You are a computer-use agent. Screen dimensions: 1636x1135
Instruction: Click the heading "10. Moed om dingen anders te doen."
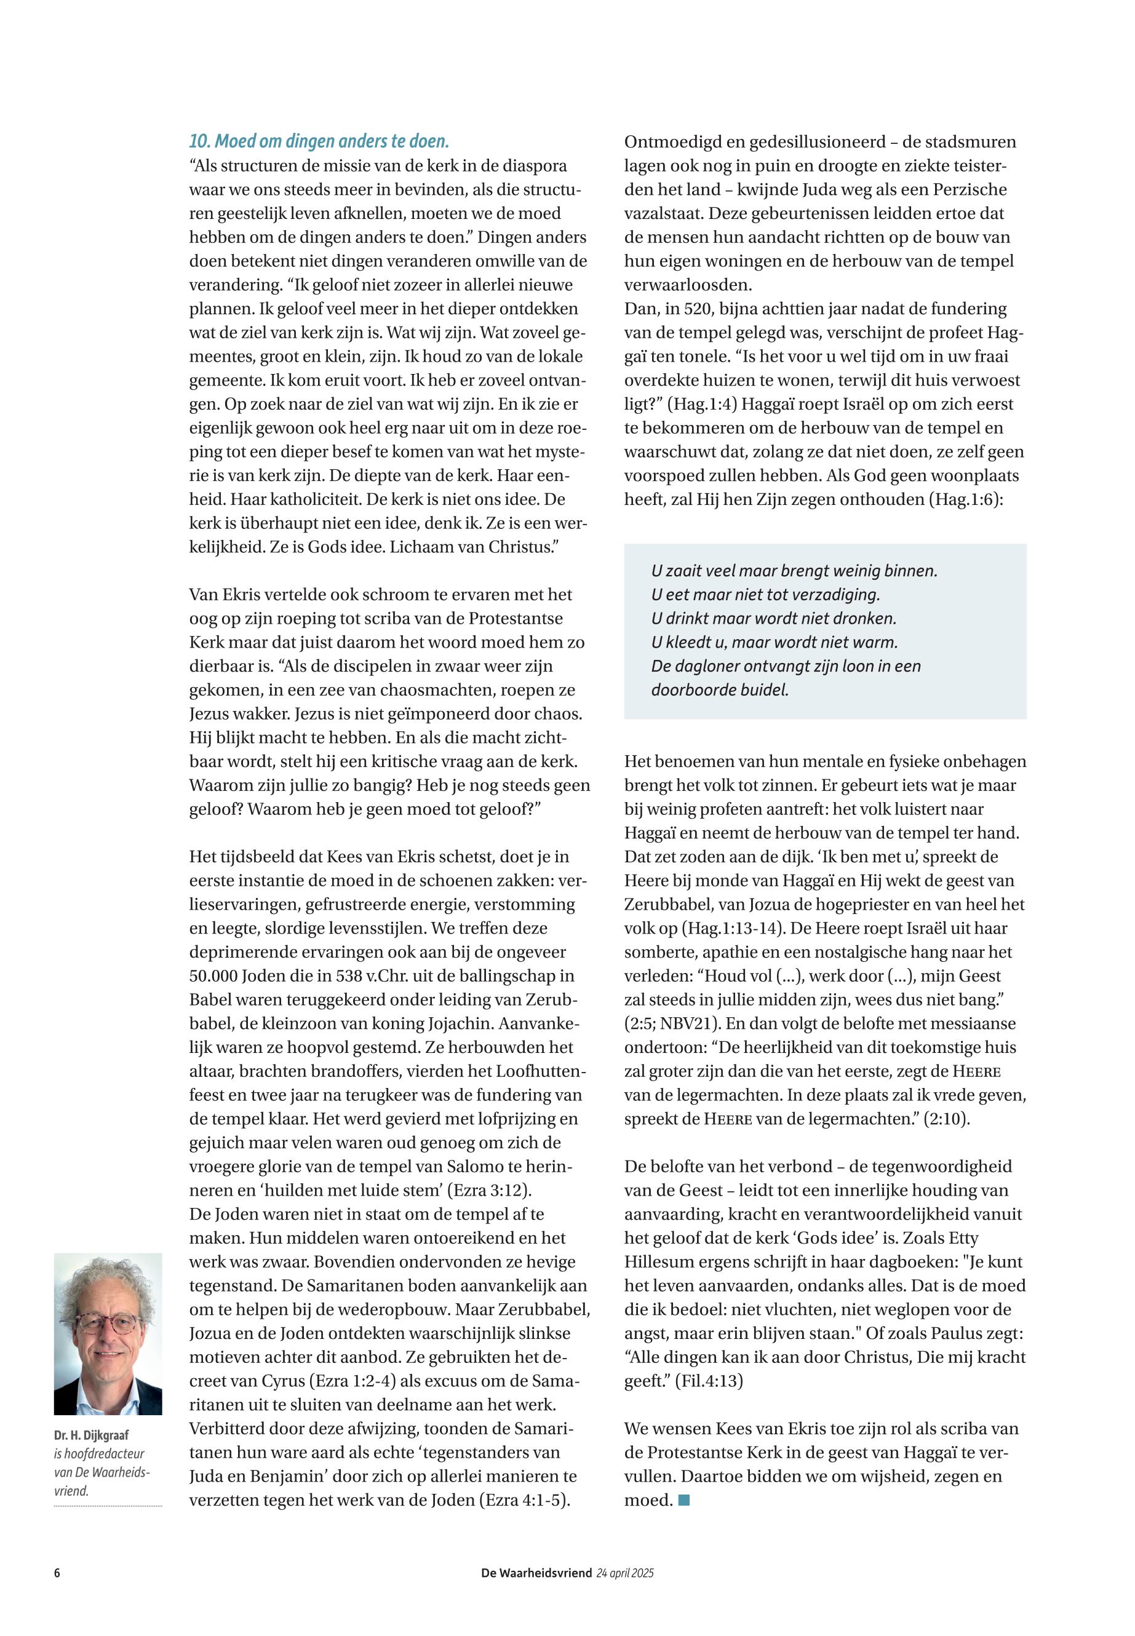point(319,141)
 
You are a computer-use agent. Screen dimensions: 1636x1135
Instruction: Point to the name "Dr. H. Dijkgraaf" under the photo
point(91,1435)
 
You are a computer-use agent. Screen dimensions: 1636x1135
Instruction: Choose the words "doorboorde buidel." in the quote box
point(720,689)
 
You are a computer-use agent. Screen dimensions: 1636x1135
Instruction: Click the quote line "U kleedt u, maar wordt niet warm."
point(775,642)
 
